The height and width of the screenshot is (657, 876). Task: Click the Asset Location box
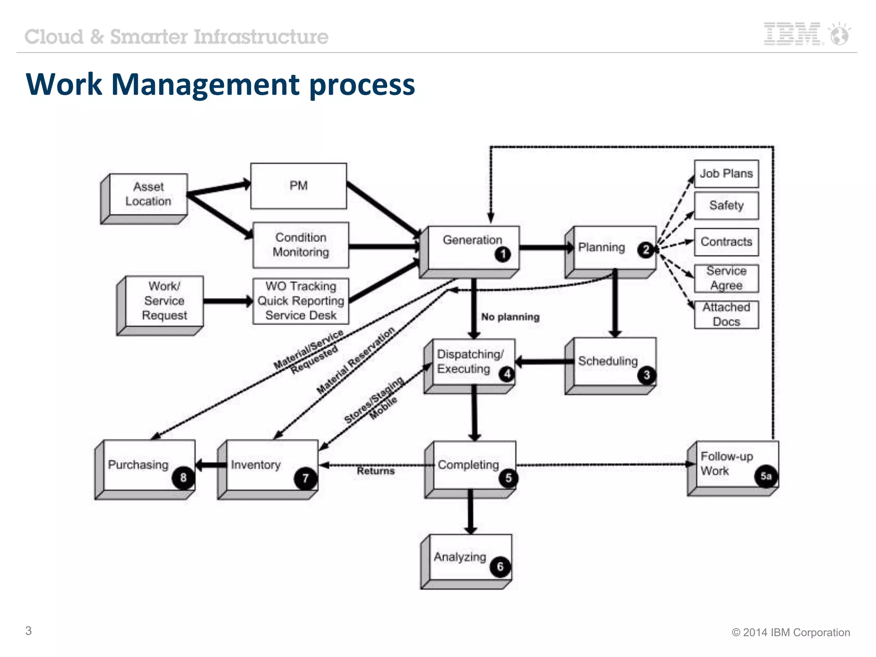148,194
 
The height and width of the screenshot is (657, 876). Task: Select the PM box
298,186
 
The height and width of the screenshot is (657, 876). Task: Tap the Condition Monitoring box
301,245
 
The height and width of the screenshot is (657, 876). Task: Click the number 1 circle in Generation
503,254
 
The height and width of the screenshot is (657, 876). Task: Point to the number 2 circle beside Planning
646,250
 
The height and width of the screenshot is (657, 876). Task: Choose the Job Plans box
726,174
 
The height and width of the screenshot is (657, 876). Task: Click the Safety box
726,205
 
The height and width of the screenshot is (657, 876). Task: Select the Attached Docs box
726,314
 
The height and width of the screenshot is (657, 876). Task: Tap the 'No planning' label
510,317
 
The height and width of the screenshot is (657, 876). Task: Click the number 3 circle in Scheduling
646,375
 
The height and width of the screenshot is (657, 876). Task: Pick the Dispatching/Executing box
470,362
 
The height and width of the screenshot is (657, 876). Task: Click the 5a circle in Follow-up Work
766,476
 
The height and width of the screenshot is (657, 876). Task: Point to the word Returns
376,471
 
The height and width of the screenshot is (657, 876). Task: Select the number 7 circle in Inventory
305,478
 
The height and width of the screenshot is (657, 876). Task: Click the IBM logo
792,34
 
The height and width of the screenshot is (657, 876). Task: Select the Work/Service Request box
164,301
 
